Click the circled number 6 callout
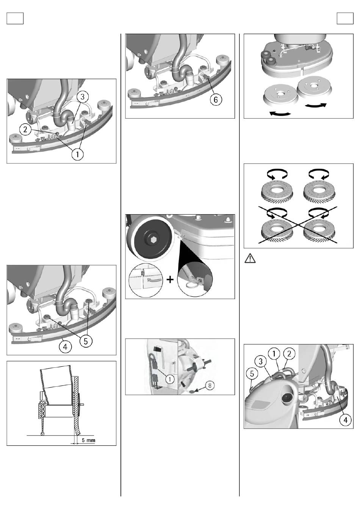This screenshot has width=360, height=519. pos(216,99)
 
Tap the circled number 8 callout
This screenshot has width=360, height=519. pos(210,385)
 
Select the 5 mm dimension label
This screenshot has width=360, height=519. pos(88,440)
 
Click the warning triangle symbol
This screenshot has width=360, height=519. pos(250,258)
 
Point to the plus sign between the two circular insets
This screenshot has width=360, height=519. pos(170,280)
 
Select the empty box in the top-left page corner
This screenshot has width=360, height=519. pos(15,18)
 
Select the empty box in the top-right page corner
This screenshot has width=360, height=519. pos(345,18)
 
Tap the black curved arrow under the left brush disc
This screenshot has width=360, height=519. pos(280,113)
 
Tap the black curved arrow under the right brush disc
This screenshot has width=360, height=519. pos(316,105)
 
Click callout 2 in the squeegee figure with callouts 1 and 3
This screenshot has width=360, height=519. pos(25,129)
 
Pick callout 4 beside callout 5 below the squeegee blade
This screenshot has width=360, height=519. pos(65,347)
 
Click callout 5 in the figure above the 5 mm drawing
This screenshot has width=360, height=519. pos(86,341)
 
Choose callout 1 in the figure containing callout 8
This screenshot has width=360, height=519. pos(170,379)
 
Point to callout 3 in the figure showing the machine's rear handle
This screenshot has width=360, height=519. pos(260,361)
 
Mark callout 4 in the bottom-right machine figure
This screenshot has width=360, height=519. pos(345,420)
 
